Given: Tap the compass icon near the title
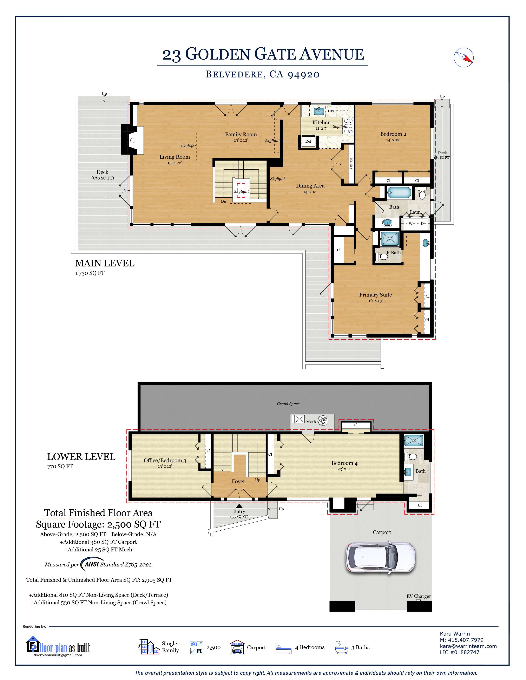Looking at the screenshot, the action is pyautogui.click(x=464, y=57).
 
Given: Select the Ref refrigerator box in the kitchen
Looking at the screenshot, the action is pyautogui.click(x=308, y=141).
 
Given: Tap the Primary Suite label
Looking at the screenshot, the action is pyautogui.click(x=375, y=294).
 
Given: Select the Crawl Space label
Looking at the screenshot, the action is pyautogui.click(x=288, y=404).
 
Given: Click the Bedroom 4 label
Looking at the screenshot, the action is pyautogui.click(x=344, y=463).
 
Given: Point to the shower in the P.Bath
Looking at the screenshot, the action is pyautogui.click(x=389, y=238).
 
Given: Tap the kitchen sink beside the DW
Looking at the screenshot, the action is pyautogui.click(x=318, y=110).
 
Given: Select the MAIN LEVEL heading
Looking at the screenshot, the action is pyautogui.click(x=105, y=263).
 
